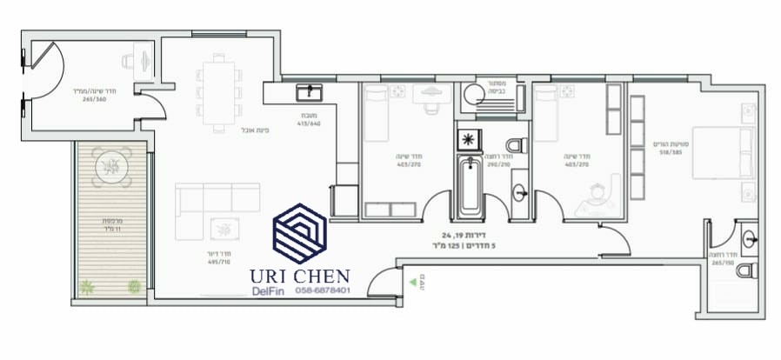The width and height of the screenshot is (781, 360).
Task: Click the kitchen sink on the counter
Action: [309, 91]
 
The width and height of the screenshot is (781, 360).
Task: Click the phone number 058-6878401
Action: [323, 290]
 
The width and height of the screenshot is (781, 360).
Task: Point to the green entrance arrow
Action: [410, 282]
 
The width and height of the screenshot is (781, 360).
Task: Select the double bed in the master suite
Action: [724, 152]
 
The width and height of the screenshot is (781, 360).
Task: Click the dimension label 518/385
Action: [671, 151]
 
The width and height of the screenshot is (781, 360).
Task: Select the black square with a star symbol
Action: [468, 139]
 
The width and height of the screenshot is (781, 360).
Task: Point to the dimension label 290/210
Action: [497, 163]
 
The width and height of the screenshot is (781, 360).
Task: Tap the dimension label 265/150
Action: [722, 261]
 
